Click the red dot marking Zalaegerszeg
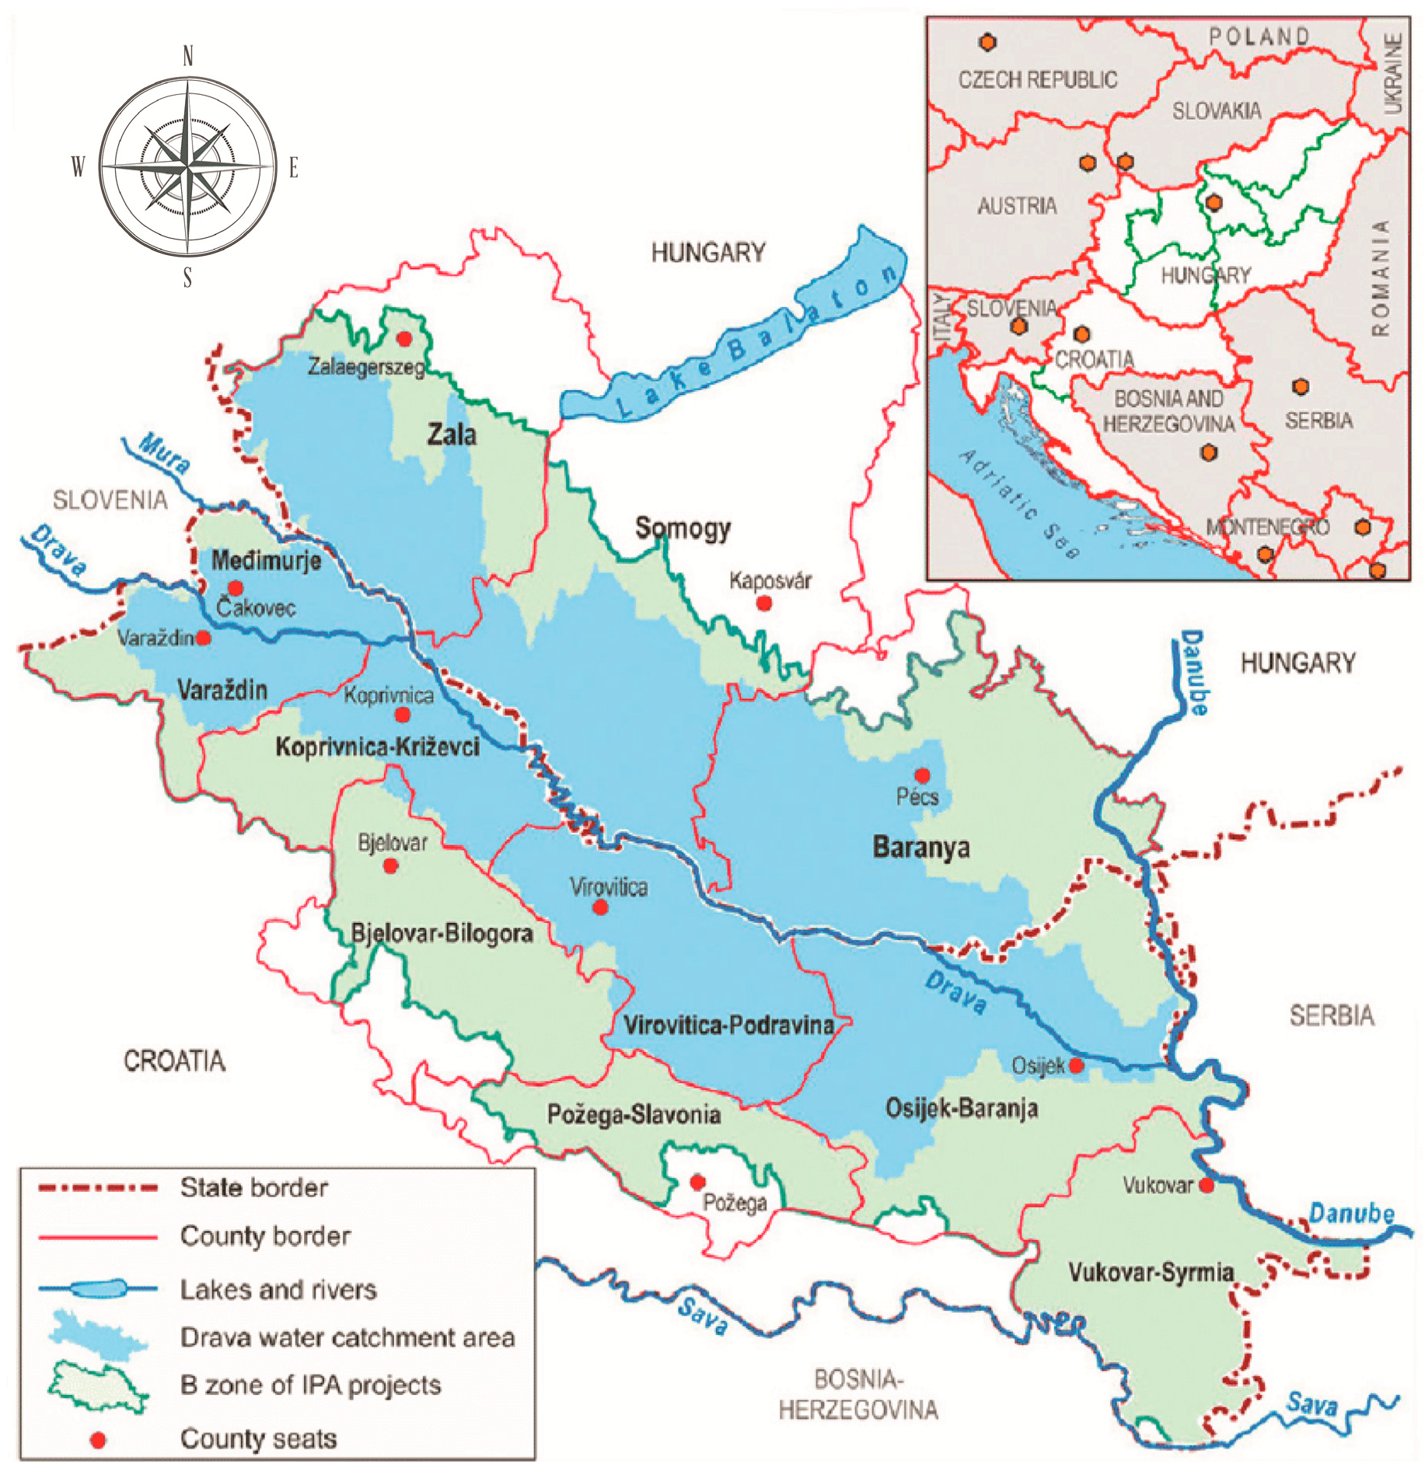(x=404, y=338)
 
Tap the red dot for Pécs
(x=922, y=775)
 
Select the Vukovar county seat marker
(x=1206, y=1185)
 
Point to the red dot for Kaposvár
(x=764, y=603)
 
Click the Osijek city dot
(x=1076, y=1064)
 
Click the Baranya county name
(x=921, y=847)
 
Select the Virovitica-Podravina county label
(x=729, y=1025)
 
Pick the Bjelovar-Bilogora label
(x=442, y=933)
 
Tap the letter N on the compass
(x=187, y=56)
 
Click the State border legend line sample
(x=98, y=1188)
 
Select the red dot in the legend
(x=98, y=1440)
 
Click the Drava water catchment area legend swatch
(x=98, y=1336)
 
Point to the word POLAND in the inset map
(x=1259, y=37)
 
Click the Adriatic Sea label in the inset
(x=1018, y=504)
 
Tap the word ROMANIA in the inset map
(x=1380, y=278)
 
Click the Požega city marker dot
(x=697, y=1182)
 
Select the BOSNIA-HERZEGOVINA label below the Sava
(x=858, y=1394)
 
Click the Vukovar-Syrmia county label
(x=1151, y=1272)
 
